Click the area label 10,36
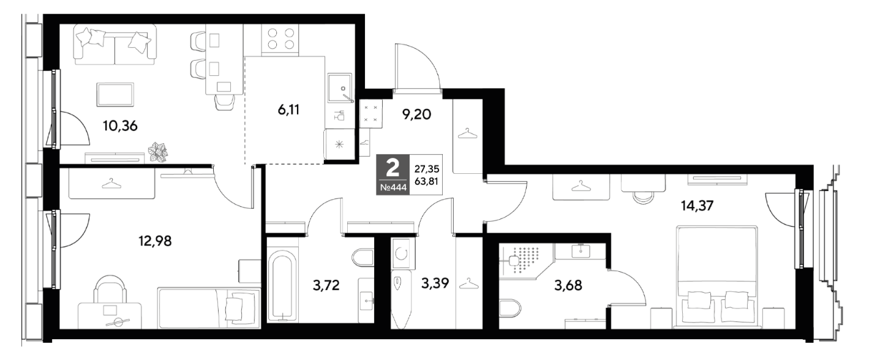coord(120,126)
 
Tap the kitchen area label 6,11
coord(288,110)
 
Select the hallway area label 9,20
coord(416,114)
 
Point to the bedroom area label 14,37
coord(697,206)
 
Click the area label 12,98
coord(155,241)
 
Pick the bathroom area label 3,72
coord(326,285)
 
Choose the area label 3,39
coord(435,283)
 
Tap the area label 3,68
coord(568,285)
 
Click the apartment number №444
coord(393,188)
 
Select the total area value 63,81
coord(427,181)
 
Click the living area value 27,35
coord(427,169)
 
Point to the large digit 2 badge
coord(393,168)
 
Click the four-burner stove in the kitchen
coord(280,39)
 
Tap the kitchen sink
coord(340,88)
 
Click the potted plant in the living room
coord(157,152)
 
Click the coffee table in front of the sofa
coord(115,94)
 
